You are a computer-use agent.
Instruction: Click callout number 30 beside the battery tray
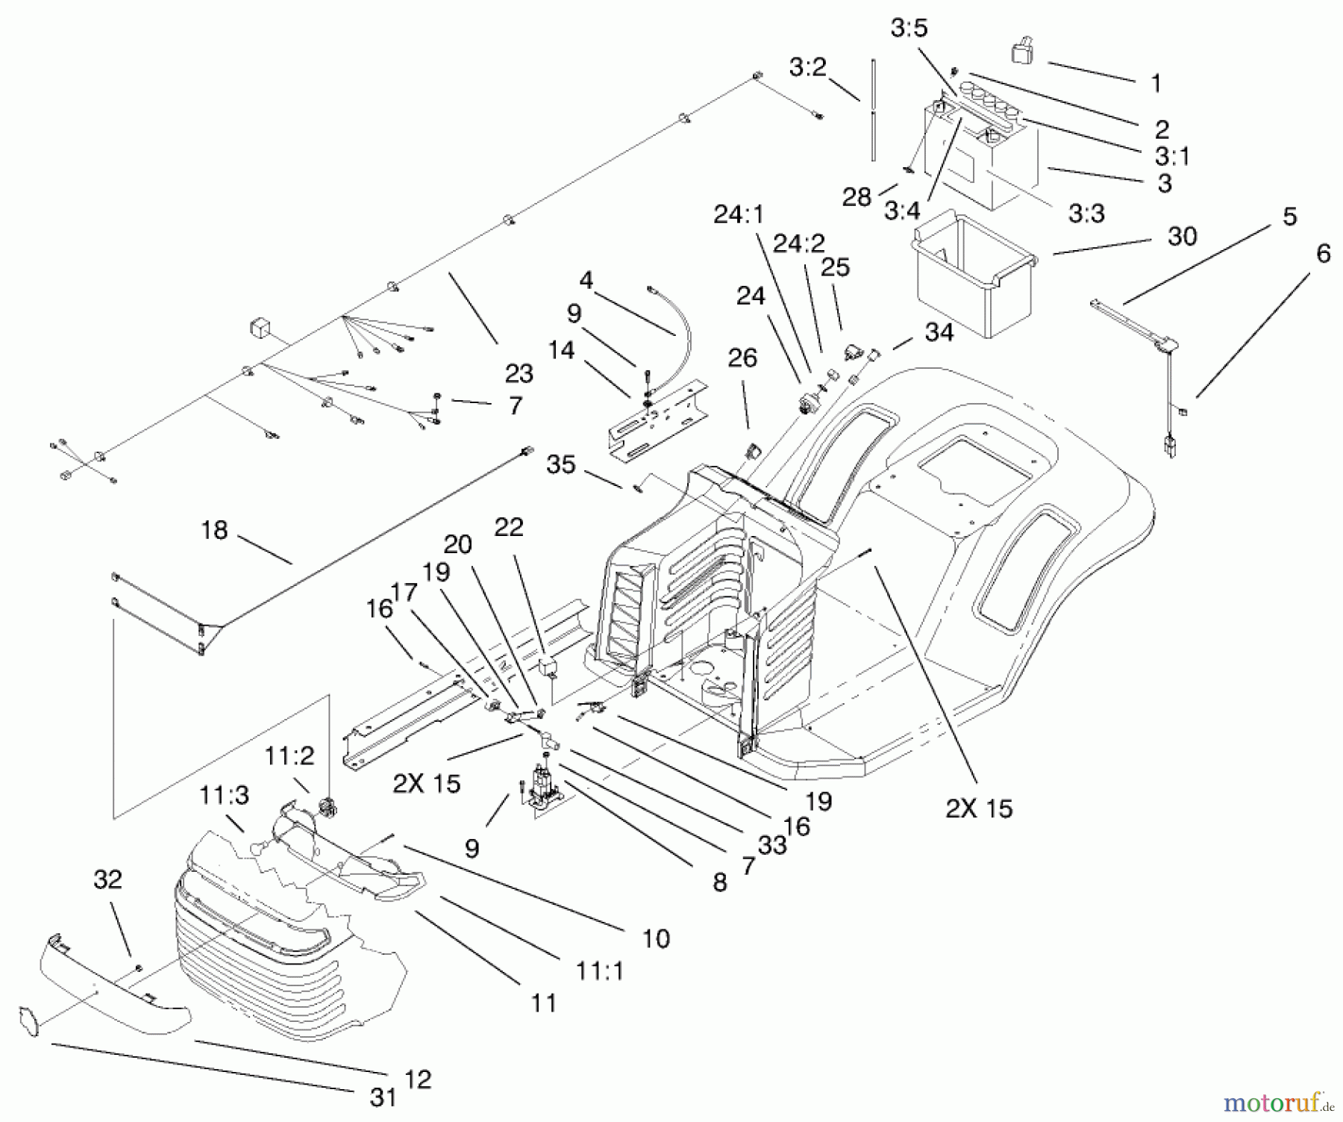(x=1182, y=237)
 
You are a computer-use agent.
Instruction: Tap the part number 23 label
(x=519, y=373)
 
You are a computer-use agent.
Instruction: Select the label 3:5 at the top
(x=909, y=28)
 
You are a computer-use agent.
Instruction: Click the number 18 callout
(x=214, y=530)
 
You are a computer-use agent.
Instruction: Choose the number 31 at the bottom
(x=383, y=1097)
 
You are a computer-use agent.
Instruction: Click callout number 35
(x=561, y=464)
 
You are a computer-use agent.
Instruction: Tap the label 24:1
(x=739, y=214)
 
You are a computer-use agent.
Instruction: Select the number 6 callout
(x=1323, y=254)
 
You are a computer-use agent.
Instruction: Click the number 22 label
(x=509, y=527)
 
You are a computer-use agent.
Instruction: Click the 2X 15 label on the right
(x=979, y=808)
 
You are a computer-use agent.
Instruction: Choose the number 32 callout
(x=107, y=879)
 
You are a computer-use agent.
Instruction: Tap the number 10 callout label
(x=656, y=938)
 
